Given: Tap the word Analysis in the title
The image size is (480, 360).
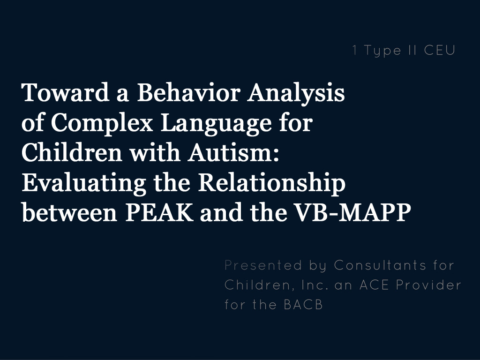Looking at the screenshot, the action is [296, 94].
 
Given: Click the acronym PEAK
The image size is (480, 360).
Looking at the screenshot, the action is [159, 212].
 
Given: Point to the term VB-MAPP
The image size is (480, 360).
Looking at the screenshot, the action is [352, 212].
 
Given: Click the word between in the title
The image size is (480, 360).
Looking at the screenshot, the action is [69, 212].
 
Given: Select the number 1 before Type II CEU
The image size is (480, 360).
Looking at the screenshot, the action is [354, 50].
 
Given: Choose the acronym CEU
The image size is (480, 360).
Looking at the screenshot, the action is [440, 50].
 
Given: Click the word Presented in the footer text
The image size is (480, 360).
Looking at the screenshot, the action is [263, 265].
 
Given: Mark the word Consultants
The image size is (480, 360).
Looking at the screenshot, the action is [380, 265].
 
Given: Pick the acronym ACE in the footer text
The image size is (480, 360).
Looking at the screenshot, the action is [374, 285].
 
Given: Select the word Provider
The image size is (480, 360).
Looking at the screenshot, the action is [428, 285].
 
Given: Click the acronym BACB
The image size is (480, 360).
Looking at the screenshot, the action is [303, 305].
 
